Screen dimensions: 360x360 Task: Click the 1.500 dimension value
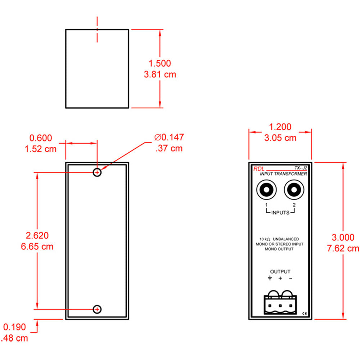[x=160, y=63]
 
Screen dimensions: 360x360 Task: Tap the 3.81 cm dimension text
[x=160, y=75]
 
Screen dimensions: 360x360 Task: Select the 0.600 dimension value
[x=41, y=138]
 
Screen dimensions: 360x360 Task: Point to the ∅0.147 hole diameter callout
[x=169, y=137]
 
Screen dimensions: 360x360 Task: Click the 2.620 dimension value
[x=37, y=235]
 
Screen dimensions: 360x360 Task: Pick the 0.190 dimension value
[x=15, y=327]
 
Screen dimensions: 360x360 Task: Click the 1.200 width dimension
[x=280, y=127]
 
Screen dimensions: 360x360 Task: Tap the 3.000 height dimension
[x=343, y=237]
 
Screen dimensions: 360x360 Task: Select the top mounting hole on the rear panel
[x=97, y=172]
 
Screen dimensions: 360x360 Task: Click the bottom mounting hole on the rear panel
[x=97, y=309]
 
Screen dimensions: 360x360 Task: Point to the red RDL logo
[x=258, y=168]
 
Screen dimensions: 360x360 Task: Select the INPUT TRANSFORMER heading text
[x=284, y=174]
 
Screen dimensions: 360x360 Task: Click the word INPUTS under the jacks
[x=280, y=212]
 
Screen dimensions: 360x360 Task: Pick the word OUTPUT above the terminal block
[x=280, y=272]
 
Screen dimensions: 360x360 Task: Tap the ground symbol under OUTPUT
[x=270, y=278]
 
